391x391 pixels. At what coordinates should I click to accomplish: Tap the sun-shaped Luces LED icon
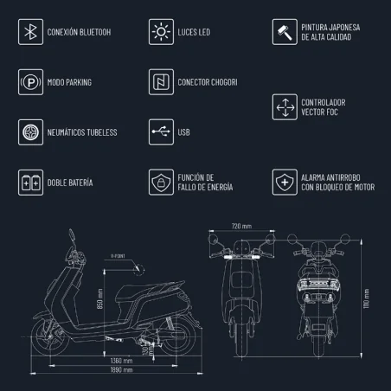159,33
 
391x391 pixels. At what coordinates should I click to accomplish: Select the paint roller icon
285,33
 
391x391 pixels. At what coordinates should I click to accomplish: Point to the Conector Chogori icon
159,82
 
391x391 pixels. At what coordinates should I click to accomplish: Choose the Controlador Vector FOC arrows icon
285,107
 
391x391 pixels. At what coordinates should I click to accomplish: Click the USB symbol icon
159,132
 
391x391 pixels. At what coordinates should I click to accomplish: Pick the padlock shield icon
159,183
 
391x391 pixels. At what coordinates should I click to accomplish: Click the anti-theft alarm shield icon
285,183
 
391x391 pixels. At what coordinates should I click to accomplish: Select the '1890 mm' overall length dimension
121,369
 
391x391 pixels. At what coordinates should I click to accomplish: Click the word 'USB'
184,132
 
